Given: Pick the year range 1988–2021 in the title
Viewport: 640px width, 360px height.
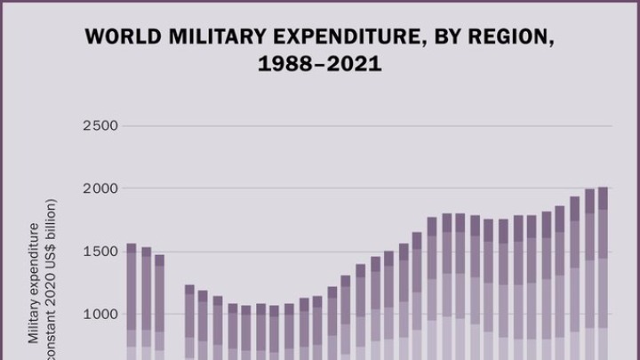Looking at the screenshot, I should [320, 65].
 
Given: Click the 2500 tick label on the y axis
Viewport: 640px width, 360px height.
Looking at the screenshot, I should [100, 125].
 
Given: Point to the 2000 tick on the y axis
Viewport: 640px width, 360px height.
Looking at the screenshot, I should [100, 188].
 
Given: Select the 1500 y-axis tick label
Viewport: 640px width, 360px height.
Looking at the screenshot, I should [100, 252].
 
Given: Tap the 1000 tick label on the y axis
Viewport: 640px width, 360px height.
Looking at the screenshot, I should [100, 314].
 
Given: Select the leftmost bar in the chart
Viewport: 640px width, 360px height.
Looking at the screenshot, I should [132, 302].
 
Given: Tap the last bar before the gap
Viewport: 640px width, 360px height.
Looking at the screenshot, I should [160, 308].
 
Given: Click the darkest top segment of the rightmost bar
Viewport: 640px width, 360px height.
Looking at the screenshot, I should [603, 198].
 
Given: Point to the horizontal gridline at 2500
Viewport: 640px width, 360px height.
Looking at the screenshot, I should [356, 125].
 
